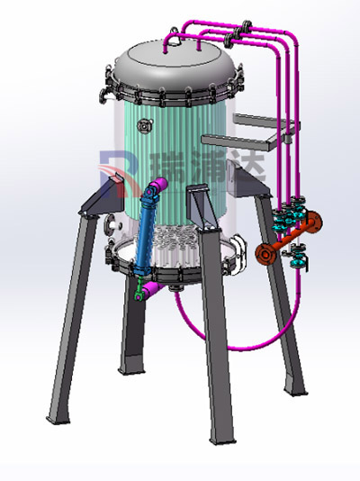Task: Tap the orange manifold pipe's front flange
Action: point(265,253)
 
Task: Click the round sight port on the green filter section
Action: point(144,126)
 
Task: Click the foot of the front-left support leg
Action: point(58,419)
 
